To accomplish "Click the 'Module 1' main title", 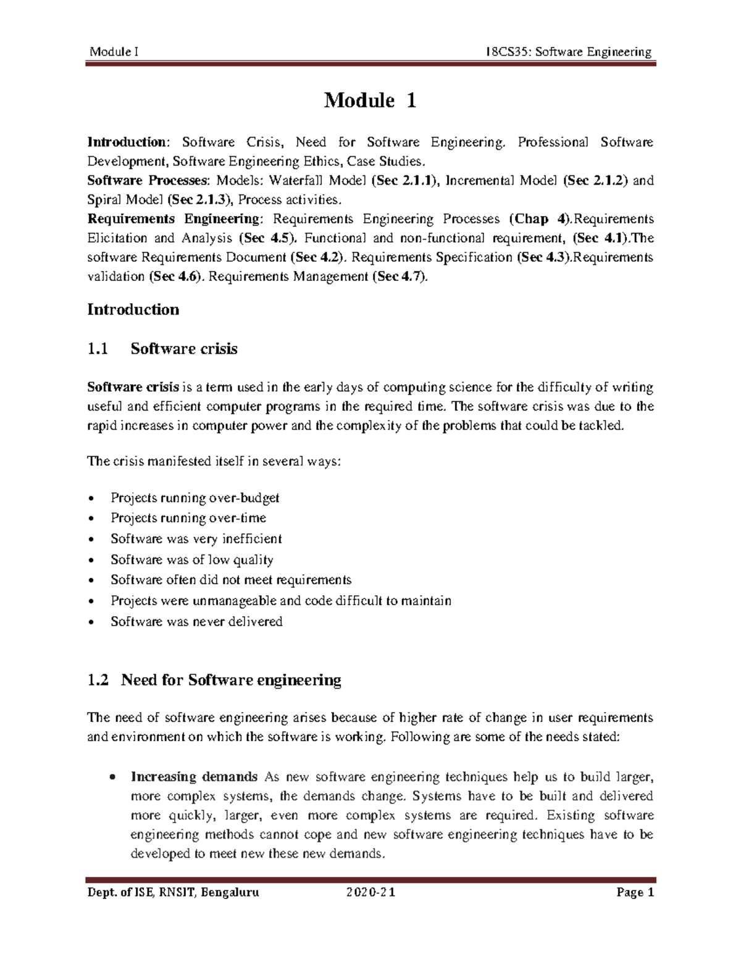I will [370, 100].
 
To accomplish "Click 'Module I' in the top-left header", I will [114, 51].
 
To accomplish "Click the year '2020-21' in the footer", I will [371, 892].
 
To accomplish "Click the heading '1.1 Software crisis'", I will [162, 349].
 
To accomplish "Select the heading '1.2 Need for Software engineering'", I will [214, 680].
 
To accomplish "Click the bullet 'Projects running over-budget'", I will [195, 497].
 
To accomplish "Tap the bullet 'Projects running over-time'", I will [188, 517].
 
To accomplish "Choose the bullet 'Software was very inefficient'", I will [196, 538].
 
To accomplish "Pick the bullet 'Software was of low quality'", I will [191, 559].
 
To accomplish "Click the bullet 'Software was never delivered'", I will [196, 621].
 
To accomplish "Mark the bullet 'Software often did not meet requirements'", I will [231, 580].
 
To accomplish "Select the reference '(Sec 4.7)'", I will [400, 277].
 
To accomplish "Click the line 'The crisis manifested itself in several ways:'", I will [214, 461].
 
